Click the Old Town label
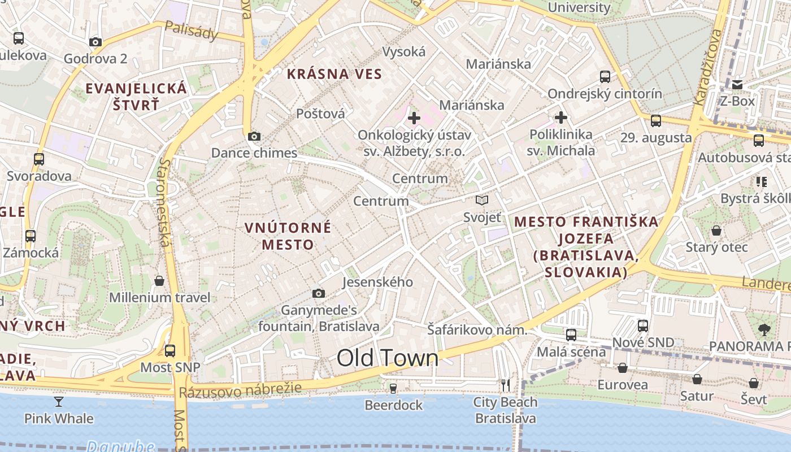388,358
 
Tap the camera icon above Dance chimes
254,136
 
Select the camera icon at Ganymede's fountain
319,293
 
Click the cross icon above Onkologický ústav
414,118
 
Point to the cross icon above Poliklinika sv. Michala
561,118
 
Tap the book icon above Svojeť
482,200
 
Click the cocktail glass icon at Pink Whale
59,402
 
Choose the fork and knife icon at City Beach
506,385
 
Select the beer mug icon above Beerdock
393,388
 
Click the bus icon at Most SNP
170,350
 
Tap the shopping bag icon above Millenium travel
159,281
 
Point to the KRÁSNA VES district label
334,74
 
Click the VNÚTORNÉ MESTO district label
288,236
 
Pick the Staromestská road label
164,202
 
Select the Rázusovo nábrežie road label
240,390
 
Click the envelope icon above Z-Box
737,85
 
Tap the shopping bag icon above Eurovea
622,368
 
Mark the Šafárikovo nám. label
477,330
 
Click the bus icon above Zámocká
31,236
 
